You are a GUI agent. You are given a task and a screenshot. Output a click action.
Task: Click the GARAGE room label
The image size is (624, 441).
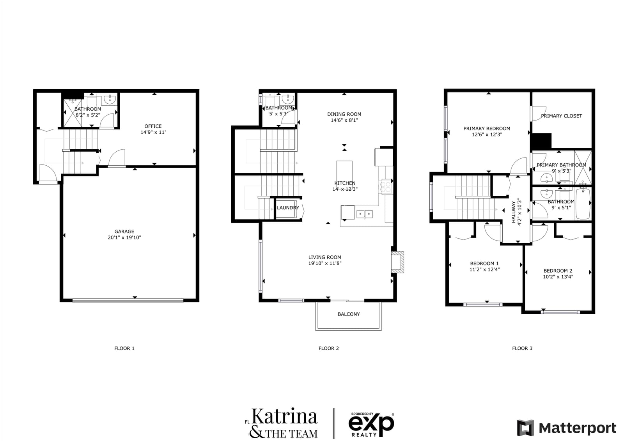124,232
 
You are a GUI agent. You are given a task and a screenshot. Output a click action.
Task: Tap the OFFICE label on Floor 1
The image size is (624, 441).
153,126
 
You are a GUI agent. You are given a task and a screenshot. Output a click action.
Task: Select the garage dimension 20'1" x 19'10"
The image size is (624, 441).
124,237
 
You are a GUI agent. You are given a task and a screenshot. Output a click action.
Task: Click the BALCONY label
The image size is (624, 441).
349,314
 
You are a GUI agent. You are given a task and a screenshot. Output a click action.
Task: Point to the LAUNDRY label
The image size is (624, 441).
288,208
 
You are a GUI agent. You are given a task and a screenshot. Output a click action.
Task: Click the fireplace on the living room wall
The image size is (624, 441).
397,262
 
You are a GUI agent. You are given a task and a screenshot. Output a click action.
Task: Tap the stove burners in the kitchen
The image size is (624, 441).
386,186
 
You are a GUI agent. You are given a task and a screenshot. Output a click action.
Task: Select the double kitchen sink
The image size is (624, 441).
365,214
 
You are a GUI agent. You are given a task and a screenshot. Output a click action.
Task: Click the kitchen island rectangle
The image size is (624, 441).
344,173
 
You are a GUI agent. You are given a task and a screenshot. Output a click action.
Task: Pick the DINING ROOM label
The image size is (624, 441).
344,114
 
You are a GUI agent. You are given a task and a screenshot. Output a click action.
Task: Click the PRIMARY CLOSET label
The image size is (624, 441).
561,116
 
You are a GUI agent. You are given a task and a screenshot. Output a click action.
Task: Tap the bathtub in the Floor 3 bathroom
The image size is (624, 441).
583,204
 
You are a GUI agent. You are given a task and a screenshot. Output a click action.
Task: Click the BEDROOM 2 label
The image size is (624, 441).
558,271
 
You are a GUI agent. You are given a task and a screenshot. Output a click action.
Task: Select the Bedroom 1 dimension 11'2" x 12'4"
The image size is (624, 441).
484,270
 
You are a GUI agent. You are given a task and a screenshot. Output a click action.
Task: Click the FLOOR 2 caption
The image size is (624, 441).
329,348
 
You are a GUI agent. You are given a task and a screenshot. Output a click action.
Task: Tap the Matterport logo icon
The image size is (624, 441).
525,428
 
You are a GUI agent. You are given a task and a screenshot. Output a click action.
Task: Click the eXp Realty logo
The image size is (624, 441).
371,425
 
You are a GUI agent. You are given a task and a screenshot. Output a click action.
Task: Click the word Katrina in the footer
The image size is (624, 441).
284,416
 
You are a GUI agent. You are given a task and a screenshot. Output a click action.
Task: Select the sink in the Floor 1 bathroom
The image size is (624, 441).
110,99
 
